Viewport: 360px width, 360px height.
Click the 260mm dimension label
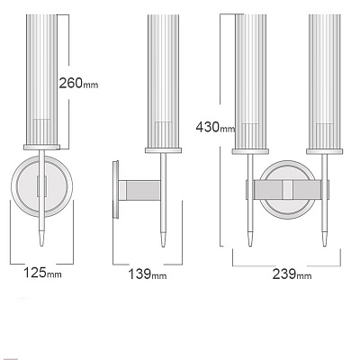(x=78, y=83)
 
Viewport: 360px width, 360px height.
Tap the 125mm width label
(x=42, y=273)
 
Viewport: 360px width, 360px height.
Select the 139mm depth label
(x=148, y=274)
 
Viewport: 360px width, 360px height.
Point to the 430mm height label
(x=215, y=127)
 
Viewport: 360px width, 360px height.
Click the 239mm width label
(x=292, y=274)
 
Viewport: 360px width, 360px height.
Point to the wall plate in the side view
(x=115, y=190)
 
